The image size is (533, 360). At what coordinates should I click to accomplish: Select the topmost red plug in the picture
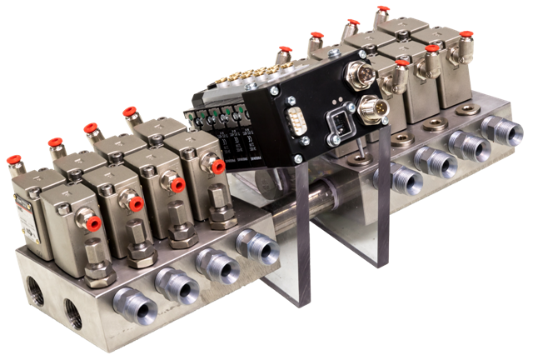pos(384,10)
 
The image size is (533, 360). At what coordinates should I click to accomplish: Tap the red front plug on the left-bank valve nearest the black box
pos(219,167)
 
